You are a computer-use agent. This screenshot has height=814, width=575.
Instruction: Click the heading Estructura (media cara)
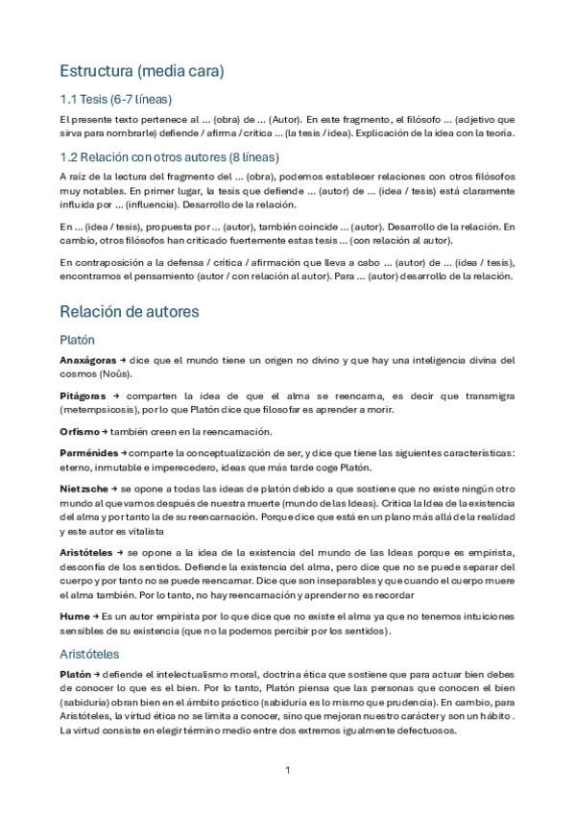tap(141, 71)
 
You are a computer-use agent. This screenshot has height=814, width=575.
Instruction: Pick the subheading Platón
tap(77, 339)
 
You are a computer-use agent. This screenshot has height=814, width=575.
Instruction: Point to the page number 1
tap(287, 771)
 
